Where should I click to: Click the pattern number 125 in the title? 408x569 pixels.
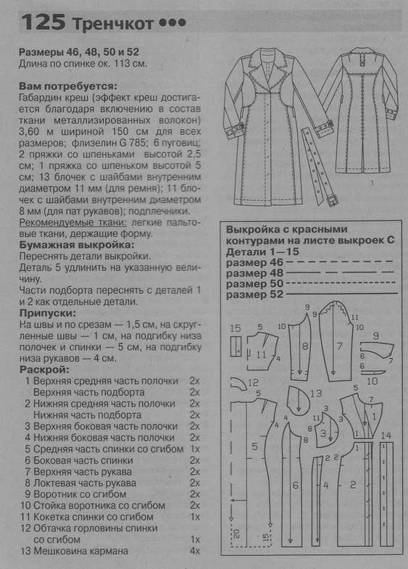pyautogui.click(x=43, y=22)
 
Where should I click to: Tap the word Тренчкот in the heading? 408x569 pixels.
pyautogui.click(x=114, y=24)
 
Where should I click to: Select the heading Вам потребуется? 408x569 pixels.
pyautogui.click(x=68, y=87)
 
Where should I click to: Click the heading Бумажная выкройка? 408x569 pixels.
pyautogui.click(x=77, y=244)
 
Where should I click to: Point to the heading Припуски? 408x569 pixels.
pyautogui.click(x=48, y=313)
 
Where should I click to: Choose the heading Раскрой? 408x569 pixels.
pyautogui.click(x=44, y=370)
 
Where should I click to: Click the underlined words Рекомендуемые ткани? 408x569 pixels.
pyautogui.click(x=73, y=223)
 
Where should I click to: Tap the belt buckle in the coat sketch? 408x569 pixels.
pyautogui.click(x=332, y=200)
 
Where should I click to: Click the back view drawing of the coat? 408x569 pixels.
pyautogui.click(x=358, y=111)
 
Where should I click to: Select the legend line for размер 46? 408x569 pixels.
pyautogui.click(x=339, y=262)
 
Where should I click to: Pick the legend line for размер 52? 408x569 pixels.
pyautogui.click(x=342, y=294)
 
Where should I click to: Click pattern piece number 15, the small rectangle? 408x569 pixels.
pyautogui.click(x=236, y=346)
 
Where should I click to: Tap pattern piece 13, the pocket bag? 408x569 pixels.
pyautogui.click(x=299, y=401)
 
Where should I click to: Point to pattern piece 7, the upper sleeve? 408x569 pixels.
pyautogui.click(x=336, y=341)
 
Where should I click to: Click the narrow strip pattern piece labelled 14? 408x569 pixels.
pyautogui.click(x=386, y=494)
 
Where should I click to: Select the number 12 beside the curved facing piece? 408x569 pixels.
pyautogui.click(x=253, y=383)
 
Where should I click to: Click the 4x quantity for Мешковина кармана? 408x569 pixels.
pyautogui.click(x=195, y=551)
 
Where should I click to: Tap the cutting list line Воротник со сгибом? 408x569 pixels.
pyautogui.click(x=80, y=494)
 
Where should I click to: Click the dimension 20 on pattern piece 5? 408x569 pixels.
pyautogui.click(x=236, y=533)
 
